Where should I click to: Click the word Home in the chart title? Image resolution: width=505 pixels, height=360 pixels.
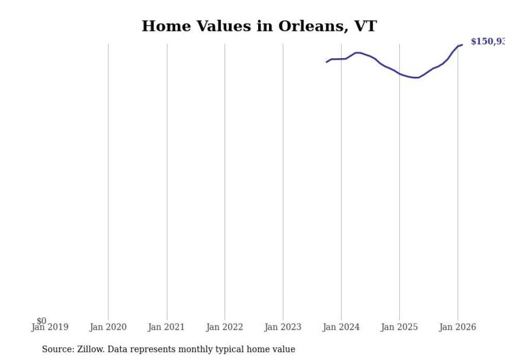point(162,26)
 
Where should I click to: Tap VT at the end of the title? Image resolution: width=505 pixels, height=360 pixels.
point(365,26)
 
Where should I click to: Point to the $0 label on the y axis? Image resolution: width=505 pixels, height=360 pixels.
point(42,321)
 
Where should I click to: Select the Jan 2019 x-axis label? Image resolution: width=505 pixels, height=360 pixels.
point(49,327)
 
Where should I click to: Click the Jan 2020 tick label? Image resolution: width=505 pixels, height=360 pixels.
point(108,327)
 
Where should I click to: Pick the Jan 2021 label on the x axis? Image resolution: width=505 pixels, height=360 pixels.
point(166,327)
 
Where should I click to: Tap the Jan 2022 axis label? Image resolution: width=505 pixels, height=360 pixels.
point(225,327)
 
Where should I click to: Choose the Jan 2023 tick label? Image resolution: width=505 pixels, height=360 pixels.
point(283,327)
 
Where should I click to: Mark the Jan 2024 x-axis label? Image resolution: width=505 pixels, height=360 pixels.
point(341,327)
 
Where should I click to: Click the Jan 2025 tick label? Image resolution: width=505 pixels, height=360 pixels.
point(399,327)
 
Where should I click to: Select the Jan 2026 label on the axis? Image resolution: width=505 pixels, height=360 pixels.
point(458,327)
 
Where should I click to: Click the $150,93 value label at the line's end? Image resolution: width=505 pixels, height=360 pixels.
point(487,42)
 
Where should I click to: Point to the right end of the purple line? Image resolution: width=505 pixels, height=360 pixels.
point(462,45)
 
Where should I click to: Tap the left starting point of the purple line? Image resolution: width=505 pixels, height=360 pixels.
point(326,62)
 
